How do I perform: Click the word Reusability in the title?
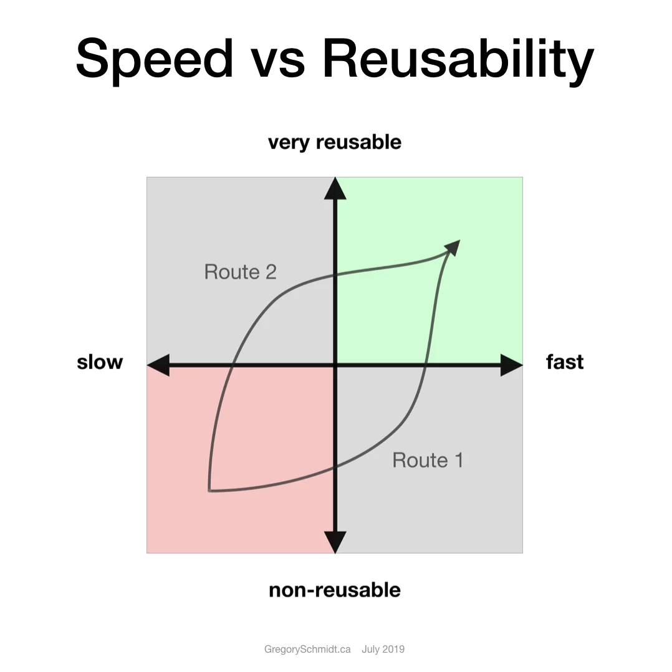pos(458,58)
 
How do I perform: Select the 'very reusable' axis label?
pos(335,142)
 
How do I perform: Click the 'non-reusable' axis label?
pos(335,590)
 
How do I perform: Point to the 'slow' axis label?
pos(100,362)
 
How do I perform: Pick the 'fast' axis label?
pos(565,362)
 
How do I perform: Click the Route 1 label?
pos(428,460)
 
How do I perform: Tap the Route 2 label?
pos(240,272)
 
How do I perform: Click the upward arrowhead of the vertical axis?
pos(335,188)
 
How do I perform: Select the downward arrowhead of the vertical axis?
pos(335,542)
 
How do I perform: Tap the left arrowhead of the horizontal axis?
pos(158,365)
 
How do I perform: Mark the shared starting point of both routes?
pos(210,491)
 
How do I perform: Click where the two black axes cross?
pos(335,365)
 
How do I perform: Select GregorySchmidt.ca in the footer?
pos(307,649)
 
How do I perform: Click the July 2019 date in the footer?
pos(383,649)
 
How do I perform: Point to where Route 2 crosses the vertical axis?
pos(335,274)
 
